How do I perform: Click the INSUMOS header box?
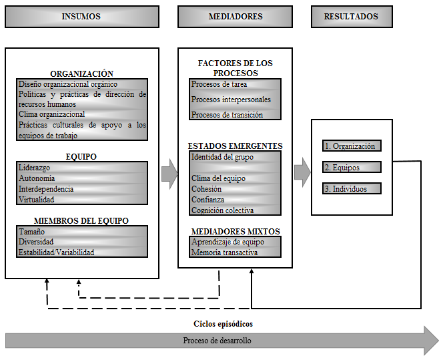82,17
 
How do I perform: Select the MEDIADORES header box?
235,17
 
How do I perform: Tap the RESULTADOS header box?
352,17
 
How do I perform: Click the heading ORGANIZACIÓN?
82,73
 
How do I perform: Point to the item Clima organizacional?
52,114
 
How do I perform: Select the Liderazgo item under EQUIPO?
34,168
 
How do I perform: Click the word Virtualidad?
36,200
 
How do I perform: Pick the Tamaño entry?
32,232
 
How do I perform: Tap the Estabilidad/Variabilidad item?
56,252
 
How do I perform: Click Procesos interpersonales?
231,100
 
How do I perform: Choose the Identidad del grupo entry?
222,157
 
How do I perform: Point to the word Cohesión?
206,189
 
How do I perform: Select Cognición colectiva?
222,210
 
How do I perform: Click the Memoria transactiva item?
224,252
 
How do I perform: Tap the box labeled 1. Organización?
352,146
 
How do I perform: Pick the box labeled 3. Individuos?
352,188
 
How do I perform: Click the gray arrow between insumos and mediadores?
169,174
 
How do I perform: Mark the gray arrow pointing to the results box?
302,172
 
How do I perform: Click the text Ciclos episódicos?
223,324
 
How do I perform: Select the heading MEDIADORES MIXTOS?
236,231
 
